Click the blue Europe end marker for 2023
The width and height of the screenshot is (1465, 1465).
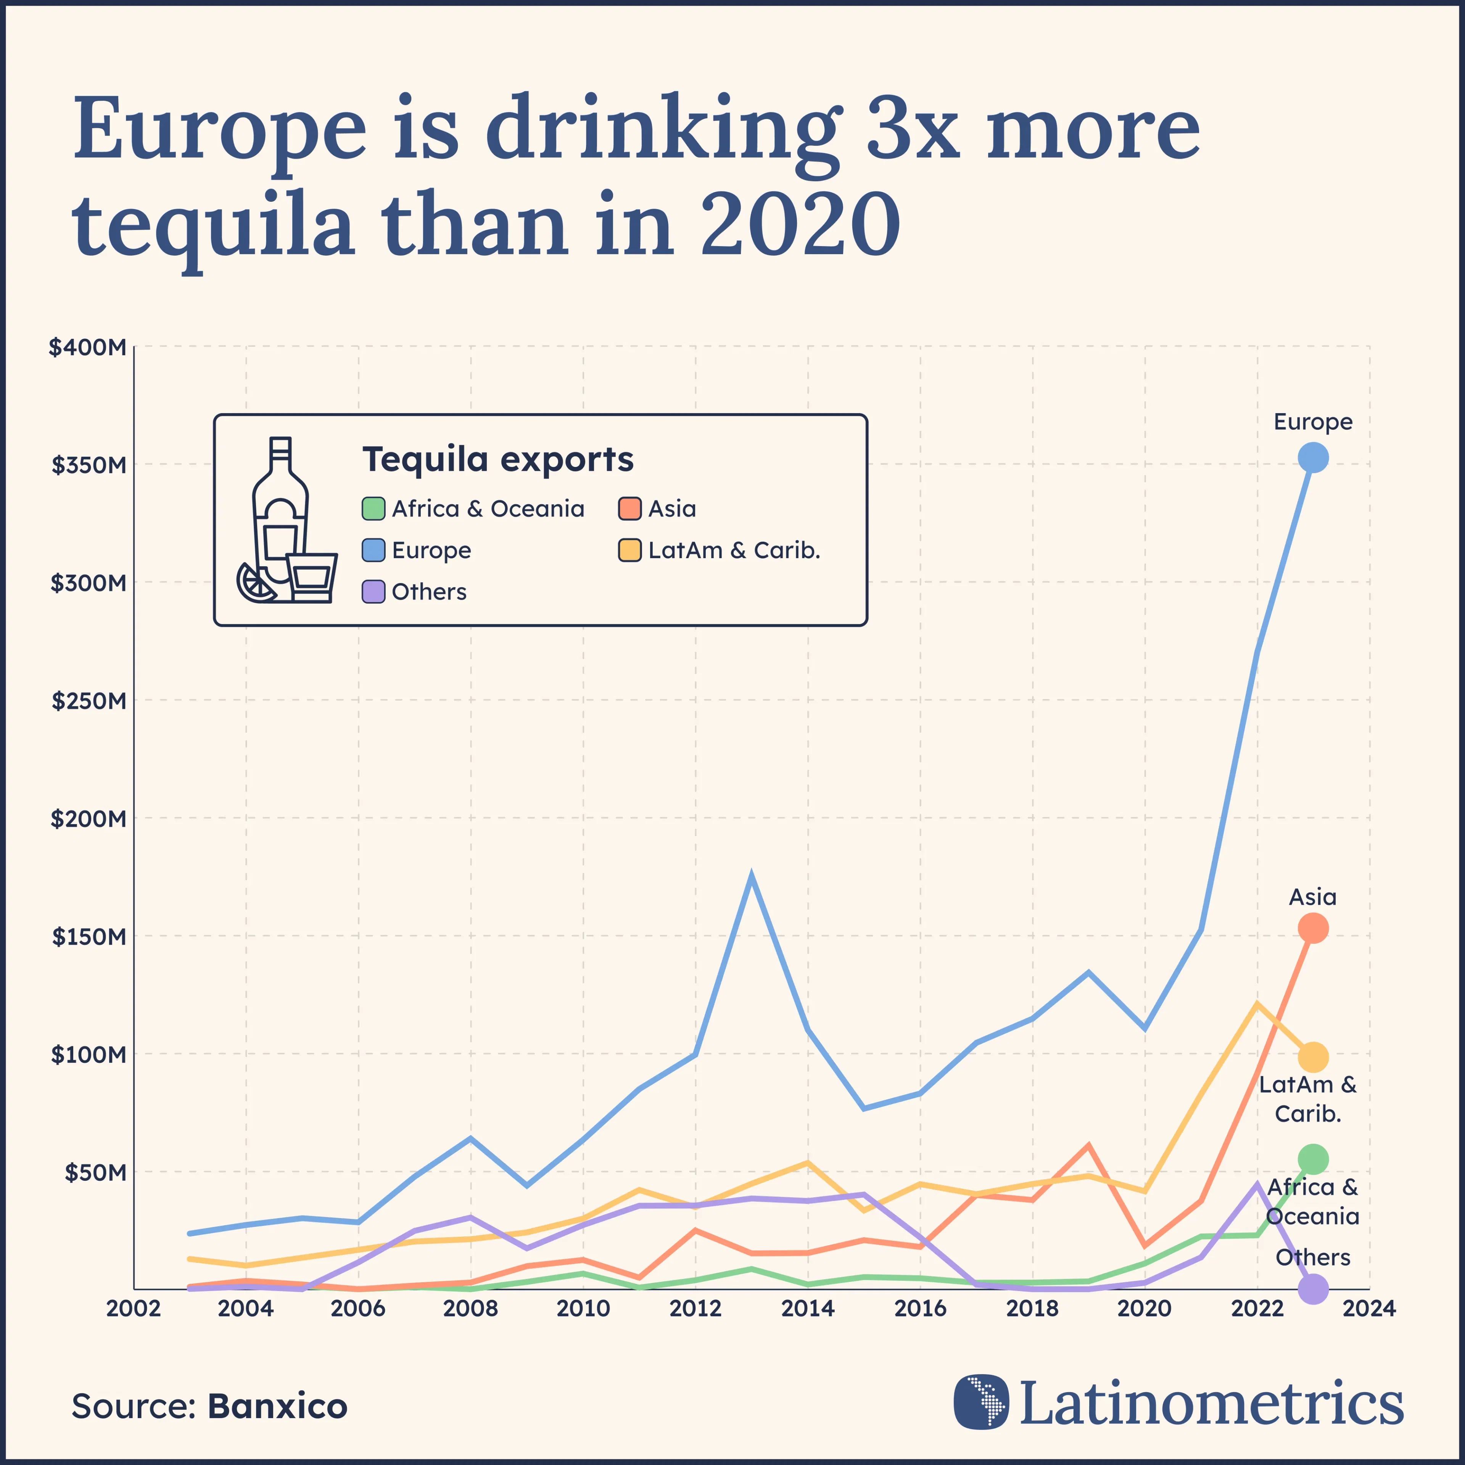(1312, 457)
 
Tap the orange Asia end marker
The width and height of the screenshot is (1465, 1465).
(1312, 928)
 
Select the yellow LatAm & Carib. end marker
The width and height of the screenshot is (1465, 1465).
(1312, 1056)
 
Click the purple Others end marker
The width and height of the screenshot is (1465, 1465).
(1312, 1288)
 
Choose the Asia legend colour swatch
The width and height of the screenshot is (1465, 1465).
(629, 509)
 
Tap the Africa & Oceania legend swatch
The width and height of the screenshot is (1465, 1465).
(373, 509)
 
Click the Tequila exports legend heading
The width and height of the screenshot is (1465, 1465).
(497, 459)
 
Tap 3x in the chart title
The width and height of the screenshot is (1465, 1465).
(912, 129)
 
